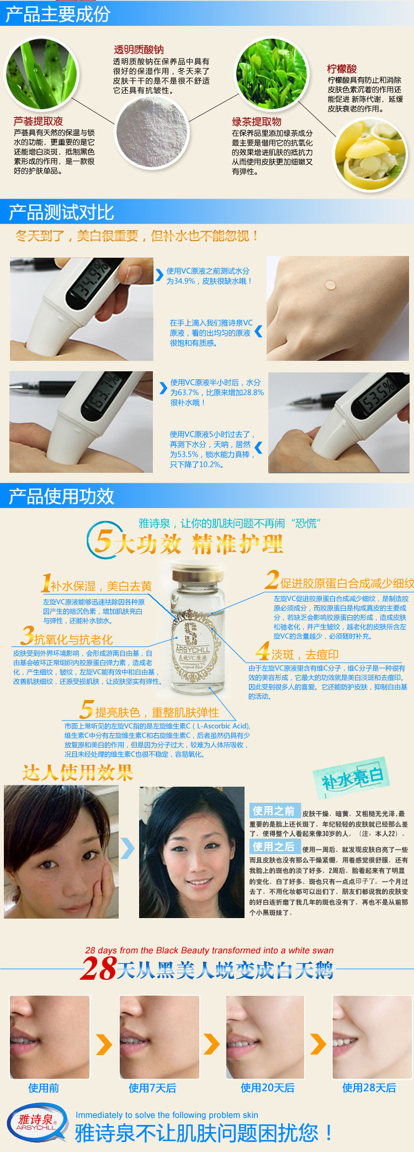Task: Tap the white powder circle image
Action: pyautogui.click(x=152, y=132)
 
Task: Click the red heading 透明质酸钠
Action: pyautogui.click(x=139, y=50)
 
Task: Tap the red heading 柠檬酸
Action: pyautogui.click(x=342, y=69)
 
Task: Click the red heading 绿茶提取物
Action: pyautogui.click(x=257, y=122)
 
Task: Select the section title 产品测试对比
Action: pyautogui.click(x=61, y=212)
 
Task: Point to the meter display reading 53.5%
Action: pyautogui.click(x=379, y=395)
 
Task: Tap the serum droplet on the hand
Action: pyautogui.click(x=330, y=285)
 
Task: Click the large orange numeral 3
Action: pyautogui.click(x=27, y=636)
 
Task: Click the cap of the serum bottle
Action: pyautogui.click(x=190, y=572)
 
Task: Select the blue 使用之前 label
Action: pyautogui.click(x=274, y=810)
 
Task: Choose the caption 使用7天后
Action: pyautogui.click(x=152, y=1088)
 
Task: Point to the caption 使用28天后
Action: pyautogui.click(x=369, y=1088)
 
